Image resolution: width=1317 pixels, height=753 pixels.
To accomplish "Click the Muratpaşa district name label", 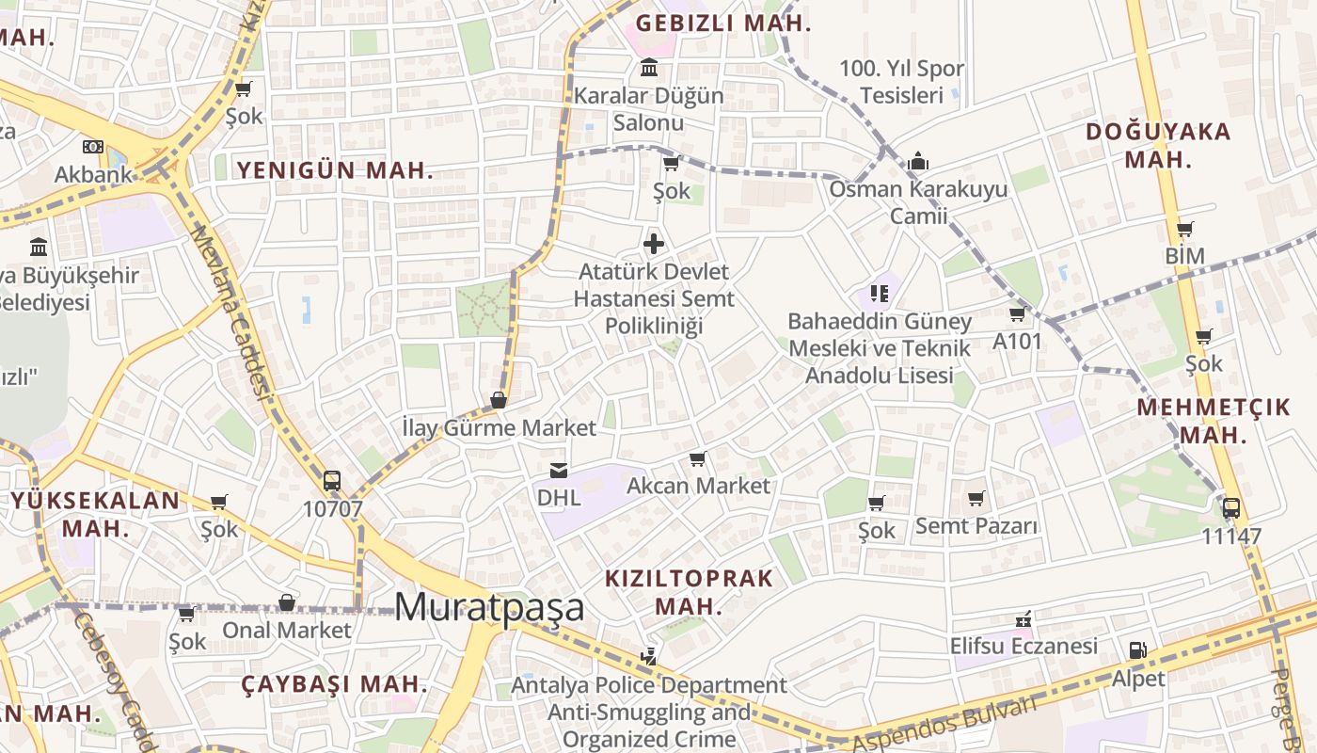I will pos(489,607).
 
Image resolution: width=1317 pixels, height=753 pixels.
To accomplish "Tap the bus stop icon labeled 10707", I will pos(331,481).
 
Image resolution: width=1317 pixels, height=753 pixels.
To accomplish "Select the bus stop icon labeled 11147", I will pos(1230,508).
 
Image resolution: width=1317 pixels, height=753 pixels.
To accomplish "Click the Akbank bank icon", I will pos(92,147).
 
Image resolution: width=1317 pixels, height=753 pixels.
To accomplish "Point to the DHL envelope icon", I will pos(559,470).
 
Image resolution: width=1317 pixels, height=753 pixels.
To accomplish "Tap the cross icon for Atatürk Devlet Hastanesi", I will pos(653,245).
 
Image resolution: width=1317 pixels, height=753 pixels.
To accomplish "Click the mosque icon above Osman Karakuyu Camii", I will pos(918,162).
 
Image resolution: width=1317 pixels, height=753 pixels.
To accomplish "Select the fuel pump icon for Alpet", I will pos(1137,650).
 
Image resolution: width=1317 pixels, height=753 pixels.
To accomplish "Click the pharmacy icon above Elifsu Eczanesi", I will pos(1023,619).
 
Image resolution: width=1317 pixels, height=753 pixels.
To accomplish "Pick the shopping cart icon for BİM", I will pos(1184,229).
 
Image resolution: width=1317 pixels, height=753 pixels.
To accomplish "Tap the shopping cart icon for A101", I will pos(1017,313).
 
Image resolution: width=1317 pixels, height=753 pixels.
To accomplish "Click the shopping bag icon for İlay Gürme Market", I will pos(499,400).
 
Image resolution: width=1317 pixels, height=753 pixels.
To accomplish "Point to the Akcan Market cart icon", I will pos(697,458).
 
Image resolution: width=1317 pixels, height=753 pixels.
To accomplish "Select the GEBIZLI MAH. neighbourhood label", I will pos(722,24).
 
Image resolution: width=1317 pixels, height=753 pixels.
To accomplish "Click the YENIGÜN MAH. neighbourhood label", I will pos(335,170).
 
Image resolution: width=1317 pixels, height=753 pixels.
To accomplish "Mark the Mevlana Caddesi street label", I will pos(230,311).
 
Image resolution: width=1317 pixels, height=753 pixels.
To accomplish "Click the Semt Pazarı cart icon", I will pos(976,498).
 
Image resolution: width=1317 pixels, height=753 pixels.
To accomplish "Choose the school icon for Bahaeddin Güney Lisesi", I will pos(880,294).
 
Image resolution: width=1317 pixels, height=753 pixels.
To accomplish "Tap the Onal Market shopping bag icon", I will pos(287,602).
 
